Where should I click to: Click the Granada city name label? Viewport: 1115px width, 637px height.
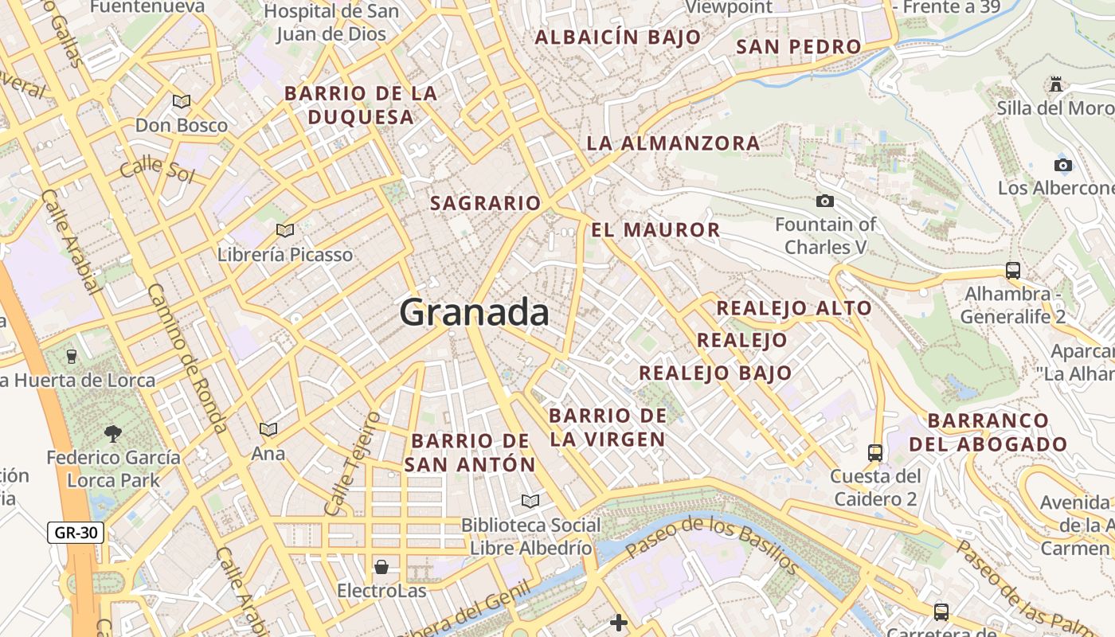tap(475, 312)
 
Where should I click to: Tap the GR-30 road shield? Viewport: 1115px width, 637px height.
tap(76, 533)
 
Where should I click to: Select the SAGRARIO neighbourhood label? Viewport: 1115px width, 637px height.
tap(485, 203)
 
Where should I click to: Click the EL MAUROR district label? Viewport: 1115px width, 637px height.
tap(655, 230)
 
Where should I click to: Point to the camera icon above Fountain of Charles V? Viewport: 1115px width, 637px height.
tap(825, 201)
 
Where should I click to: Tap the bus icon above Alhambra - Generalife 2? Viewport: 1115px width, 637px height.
tap(1013, 270)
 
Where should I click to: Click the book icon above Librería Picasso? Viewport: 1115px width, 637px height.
tap(285, 231)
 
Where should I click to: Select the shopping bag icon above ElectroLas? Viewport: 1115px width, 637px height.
tap(381, 567)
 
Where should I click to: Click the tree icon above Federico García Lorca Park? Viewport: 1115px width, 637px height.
tap(113, 433)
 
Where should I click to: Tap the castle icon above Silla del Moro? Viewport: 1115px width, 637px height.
tap(1056, 84)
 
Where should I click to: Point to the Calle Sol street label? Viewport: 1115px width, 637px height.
tap(157, 169)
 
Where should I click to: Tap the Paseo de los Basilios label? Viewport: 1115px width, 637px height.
tap(711, 545)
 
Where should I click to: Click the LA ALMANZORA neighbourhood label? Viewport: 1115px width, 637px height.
tap(673, 143)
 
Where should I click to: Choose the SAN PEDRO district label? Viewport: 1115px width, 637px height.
tap(798, 47)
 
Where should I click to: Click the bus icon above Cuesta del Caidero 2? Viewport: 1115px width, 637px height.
tap(875, 452)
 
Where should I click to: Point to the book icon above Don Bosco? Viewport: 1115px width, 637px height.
tap(182, 101)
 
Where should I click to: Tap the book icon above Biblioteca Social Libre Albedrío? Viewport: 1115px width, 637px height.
tap(530, 501)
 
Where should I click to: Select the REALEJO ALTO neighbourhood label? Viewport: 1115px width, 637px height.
tap(793, 308)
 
